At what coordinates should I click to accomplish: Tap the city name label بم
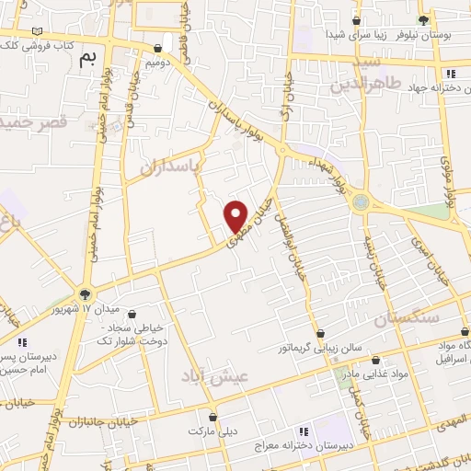[87, 59]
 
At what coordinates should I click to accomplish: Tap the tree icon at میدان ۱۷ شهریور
[85, 294]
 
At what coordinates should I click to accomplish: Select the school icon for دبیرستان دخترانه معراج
[303, 430]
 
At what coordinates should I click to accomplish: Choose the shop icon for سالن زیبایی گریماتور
[320, 334]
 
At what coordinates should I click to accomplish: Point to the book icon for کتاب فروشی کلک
[37, 31]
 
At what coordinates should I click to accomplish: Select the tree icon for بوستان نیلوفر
[423, 19]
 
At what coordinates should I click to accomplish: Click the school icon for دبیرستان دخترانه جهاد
[450, 74]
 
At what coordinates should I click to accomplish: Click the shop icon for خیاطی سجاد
[132, 314]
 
